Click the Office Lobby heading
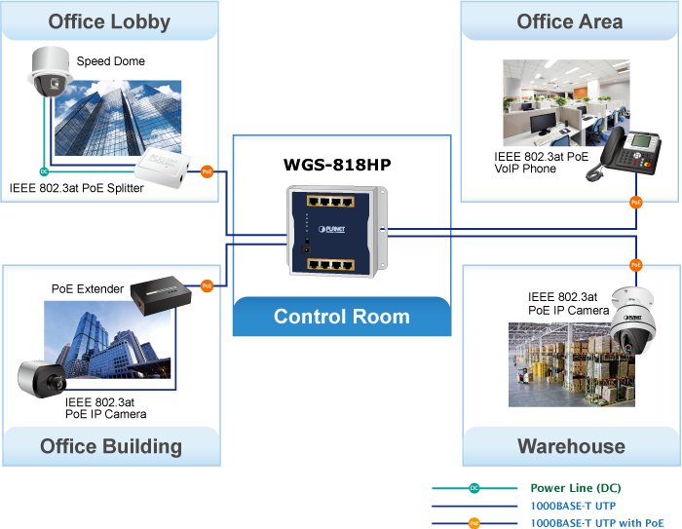pyautogui.click(x=109, y=21)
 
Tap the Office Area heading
pyautogui.click(x=570, y=21)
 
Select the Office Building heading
pyautogui.click(x=111, y=446)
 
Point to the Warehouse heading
pyautogui.click(x=571, y=446)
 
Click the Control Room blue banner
pyautogui.click(x=342, y=317)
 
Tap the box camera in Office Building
pyautogui.click(x=41, y=378)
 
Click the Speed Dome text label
pyautogui.click(x=111, y=61)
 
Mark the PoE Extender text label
pyautogui.click(x=88, y=289)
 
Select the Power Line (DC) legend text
pyautogui.click(x=575, y=488)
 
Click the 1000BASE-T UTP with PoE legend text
pyautogui.click(x=603, y=523)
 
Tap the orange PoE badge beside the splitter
pyautogui.click(x=207, y=171)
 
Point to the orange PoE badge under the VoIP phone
pyautogui.click(x=635, y=203)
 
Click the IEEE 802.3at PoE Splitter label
pyautogui.click(x=77, y=188)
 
